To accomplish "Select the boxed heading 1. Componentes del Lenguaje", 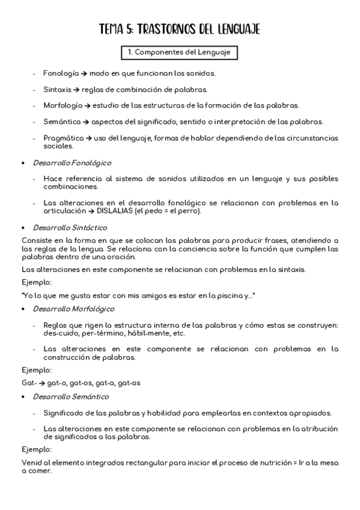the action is (179, 53).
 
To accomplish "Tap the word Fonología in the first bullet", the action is (61, 73).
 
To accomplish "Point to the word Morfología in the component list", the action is (63, 106).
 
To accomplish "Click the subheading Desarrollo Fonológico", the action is (72, 163).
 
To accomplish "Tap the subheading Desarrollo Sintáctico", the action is (70, 228).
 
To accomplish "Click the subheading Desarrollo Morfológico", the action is (74, 309).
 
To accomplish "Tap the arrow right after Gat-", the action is (41, 381).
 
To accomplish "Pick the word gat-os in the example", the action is (80, 381).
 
